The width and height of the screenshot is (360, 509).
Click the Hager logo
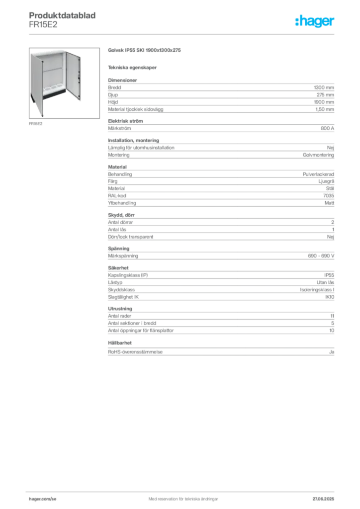[x=314, y=21]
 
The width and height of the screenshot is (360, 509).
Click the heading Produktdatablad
[x=62, y=15]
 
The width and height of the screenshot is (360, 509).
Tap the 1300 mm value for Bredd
[x=324, y=87]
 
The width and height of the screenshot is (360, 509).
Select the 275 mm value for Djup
[x=325, y=95]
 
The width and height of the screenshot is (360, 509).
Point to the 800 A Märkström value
[x=327, y=128]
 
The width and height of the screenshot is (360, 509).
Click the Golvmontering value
[x=318, y=155]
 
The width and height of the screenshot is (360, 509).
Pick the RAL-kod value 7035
[x=329, y=195]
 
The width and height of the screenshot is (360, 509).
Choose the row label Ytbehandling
[x=122, y=203]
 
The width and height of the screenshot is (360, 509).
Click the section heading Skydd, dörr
[x=121, y=215]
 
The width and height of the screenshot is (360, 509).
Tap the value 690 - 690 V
[x=321, y=256]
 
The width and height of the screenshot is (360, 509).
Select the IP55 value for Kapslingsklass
[x=329, y=275]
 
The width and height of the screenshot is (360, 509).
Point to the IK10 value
[x=330, y=297]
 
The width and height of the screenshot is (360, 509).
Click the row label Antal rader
[x=119, y=316]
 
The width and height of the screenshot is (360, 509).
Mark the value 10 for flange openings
[x=332, y=331]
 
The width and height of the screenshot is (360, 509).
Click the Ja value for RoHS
[x=332, y=352]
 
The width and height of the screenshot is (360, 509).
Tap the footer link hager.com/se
[x=43, y=499]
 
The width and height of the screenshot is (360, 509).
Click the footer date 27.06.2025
[x=323, y=499]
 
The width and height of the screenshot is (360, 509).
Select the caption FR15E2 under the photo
[x=36, y=124]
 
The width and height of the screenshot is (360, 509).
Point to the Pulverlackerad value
[x=318, y=174]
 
